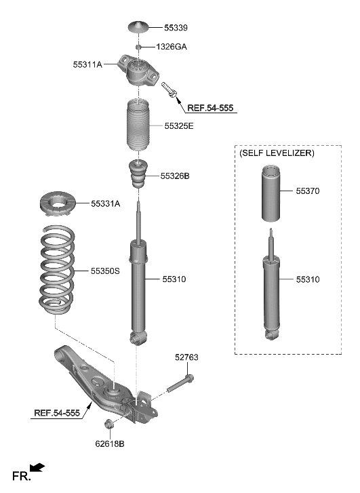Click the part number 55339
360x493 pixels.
click(176, 28)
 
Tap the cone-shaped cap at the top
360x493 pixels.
click(138, 26)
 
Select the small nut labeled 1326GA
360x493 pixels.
click(138, 47)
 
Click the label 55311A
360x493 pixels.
click(87, 64)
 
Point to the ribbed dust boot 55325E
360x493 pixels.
click(138, 126)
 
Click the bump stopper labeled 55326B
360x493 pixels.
click(138, 174)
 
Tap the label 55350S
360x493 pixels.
click(105, 271)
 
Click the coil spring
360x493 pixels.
click(57, 269)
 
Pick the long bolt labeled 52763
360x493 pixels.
click(180, 383)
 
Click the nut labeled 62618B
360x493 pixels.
click(108, 423)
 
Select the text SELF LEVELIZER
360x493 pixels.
click(277, 153)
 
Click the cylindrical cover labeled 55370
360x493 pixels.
click(271, 193)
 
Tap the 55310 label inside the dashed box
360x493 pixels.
click(308, 279)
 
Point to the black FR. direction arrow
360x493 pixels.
click(37, 467)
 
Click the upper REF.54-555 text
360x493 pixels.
click(210, 108)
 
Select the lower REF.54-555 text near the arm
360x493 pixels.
click(57, 413)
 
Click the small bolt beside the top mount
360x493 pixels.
click(169, 90)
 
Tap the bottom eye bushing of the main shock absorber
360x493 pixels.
click(138, 338)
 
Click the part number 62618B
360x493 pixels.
click(110, 444)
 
